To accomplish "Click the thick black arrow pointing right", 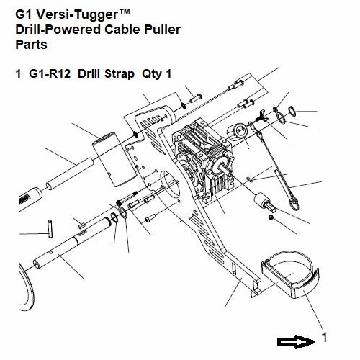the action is click(x=296, y=342).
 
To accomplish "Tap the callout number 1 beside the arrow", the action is click(x=324, y=338).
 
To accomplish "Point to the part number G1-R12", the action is click(x=50, y=73).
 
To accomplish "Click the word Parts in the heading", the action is click(x=31, y=45).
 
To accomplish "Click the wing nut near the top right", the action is click(x=261, y=115).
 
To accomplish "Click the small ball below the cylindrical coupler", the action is click(x=271, y=217).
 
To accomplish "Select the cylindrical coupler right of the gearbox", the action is click(x=265, y=202).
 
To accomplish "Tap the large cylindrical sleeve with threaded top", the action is click(x=114, y=159).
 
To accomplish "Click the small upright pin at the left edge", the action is click(x=50, y=229).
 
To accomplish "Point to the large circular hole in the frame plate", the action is click(x=170, y=183).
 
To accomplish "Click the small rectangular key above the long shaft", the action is click(x=81, y=225).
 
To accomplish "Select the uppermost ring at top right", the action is click(x=292, y=111).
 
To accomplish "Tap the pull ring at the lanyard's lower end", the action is click(x=294, y=203).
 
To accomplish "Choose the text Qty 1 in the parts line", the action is click(x=157, y=74).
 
